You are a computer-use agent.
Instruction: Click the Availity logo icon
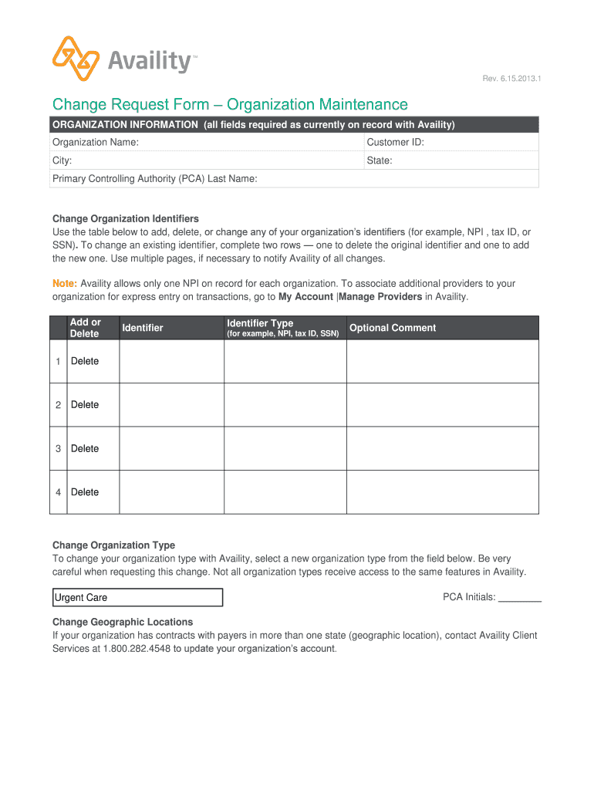(76, 59)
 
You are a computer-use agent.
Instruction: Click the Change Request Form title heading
(230, 104)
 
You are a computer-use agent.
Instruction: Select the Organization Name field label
(95, 142)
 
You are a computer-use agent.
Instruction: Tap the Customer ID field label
(395, 142)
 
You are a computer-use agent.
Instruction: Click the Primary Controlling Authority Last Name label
(154, 178)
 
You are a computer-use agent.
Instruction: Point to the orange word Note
(64, 283)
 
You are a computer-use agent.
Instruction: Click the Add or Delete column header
(85, 328)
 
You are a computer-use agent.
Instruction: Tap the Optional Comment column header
(393, 328)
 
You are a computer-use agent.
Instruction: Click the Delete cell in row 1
(85, 361)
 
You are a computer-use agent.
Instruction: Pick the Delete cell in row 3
(85, 448)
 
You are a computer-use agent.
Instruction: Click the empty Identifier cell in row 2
(171, 405)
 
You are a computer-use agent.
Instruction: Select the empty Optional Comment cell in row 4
(442, 492)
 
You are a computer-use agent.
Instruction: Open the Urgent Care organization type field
(137, 598)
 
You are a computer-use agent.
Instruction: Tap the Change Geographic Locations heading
(123, 622)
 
